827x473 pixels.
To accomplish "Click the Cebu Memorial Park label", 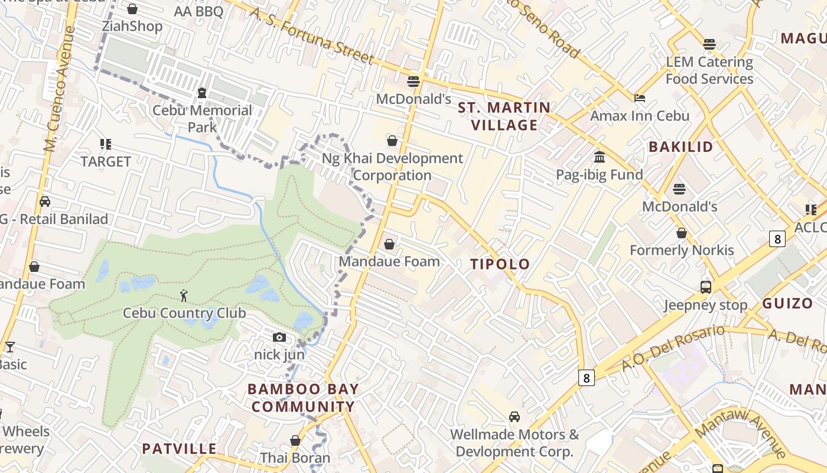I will (202, 118).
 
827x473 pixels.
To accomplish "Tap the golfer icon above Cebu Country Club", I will (184, 295).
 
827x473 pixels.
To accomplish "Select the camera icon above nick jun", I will (279, 337).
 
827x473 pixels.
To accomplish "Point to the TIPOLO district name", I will (500, 264).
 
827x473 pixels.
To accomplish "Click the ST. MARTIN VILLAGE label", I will (504, 116).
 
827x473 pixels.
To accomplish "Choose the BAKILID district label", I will (681, 147).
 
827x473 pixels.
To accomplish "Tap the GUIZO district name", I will (787, 304).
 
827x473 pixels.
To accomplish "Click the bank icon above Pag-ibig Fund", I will (600, 157).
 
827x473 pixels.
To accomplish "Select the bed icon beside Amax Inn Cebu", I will (640, 98).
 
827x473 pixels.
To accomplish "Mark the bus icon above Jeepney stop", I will (705, 287).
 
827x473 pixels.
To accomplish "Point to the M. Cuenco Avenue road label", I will (60, 89).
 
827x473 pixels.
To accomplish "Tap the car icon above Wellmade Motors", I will (515, 417).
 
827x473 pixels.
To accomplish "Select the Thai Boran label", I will (295, 458).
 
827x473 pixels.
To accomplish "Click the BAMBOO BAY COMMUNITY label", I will (303, 398).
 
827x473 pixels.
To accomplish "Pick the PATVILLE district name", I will (179, 449).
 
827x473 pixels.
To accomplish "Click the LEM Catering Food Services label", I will (709, 70).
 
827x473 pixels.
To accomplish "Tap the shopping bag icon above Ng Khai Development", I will (392, 141).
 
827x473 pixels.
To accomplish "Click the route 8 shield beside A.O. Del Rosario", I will (586, 378).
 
